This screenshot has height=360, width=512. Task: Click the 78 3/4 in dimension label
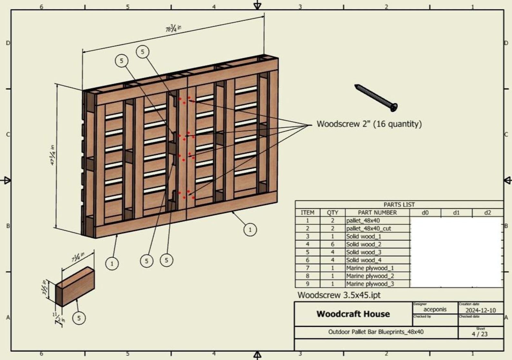tap(173, 28)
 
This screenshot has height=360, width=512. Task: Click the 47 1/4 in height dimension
tap(52, 155)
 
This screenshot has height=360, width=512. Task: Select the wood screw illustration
tap(376, 98)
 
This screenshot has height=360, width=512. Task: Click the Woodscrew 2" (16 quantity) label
tap(369, 124)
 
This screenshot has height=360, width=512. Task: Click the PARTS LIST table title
tap(399, 205)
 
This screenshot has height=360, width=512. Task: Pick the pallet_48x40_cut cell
tap(369, 228)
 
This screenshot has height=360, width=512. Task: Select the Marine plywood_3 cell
tap(370, 284)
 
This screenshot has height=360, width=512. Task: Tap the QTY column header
tap(332, 213)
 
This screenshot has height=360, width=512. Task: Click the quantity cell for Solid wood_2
tap(332, 244)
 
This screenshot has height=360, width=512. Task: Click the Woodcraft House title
tap(353, 314)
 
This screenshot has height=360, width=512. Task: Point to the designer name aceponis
tap(435, 309)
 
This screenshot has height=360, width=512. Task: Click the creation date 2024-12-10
tap(480, 310)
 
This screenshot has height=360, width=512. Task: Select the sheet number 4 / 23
tap(480, 334)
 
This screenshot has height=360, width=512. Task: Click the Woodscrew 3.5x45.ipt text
tap(339, 295)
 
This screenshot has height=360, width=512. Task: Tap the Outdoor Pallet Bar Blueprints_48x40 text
tap(376, 332)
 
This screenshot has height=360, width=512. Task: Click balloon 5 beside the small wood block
tap(79, 318)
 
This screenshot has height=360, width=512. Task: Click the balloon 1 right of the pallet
tap(250, 230)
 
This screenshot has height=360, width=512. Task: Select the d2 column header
tap(487, 213)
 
